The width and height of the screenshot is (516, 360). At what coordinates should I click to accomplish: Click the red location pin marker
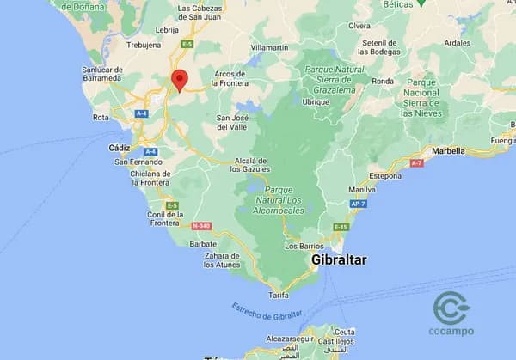coord(179,79)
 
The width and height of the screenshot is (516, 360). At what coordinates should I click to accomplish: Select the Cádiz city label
coord(120,148)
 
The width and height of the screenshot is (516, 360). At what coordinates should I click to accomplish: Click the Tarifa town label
coord(278,295)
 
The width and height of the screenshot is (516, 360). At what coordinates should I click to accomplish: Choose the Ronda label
coord(382,82)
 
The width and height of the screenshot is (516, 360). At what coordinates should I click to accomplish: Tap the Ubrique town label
coord(316,101)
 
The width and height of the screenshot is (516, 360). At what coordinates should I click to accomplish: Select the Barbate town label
coord(204,243)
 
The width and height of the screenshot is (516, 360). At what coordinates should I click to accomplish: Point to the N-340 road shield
coord(200,226)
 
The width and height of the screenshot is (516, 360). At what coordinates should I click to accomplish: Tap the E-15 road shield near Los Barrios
coord(341,227)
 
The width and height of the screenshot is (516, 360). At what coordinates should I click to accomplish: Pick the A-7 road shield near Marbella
coord(417,162)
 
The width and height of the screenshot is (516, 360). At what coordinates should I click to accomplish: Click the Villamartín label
coord(269,46)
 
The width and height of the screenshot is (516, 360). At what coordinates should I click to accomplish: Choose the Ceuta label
coord(345,332)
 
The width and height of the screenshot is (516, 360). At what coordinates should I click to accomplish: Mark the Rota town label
coord(101,118)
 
